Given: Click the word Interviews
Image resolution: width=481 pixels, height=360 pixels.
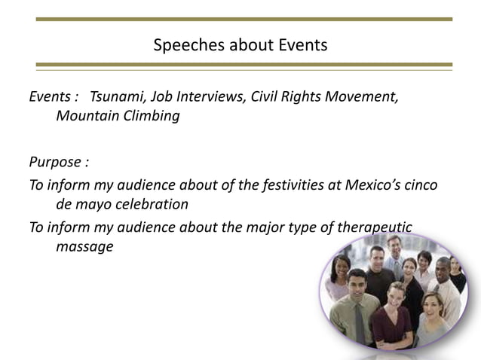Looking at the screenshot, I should pyautogui.click(x=212, y=97).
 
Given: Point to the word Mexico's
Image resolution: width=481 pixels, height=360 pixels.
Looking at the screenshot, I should pyautogui.click(x=366, y=185).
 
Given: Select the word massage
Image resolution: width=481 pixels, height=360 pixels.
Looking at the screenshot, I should pyautogui.click(x=84, y=246).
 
